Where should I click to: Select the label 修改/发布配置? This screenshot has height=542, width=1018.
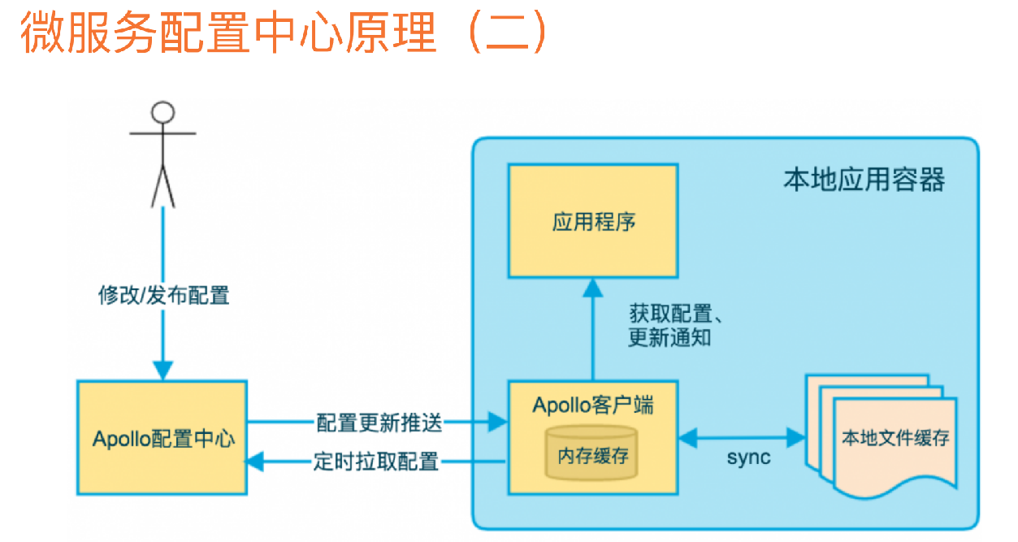[x=164, y=295]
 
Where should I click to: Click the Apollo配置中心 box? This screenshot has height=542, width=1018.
[x=163, y=438]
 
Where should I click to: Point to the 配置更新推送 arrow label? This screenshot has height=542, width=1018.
[x=379, y=422]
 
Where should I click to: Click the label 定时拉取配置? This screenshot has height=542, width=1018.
[x=376, y=462]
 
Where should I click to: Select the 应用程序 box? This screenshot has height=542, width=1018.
[x=593, y=222]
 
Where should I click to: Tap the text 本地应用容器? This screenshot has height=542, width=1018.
[x=864, y=180]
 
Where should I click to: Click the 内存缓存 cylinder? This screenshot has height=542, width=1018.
[x=592, y=452]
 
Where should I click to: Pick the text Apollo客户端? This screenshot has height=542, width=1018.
[x=593, y=405]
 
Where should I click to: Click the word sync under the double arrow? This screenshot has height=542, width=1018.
[x=747, y=457]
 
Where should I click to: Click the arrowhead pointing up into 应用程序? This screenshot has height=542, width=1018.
[x=593, y=287]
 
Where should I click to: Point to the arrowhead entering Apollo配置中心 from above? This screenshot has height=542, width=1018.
[x=163, y=371]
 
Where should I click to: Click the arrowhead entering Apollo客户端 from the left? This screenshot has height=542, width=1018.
[x=497, y=422]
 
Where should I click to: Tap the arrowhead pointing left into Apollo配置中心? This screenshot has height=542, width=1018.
[x=255, y=462]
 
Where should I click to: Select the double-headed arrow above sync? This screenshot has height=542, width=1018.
[x=741, y=438]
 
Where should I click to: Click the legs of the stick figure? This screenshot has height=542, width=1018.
[x=163, y=185]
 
